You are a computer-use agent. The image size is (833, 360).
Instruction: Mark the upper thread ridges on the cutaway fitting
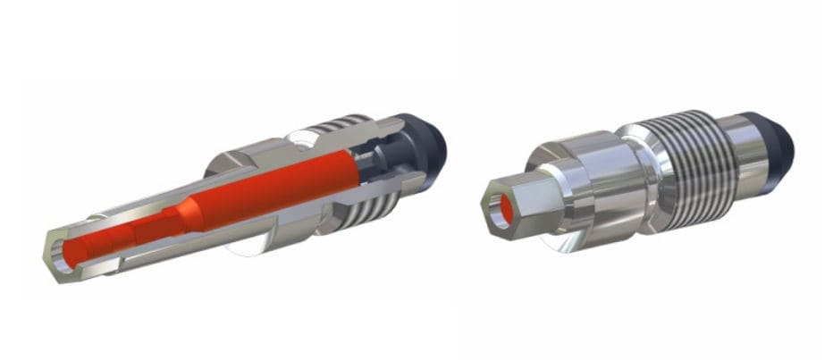tap(344, 125)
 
